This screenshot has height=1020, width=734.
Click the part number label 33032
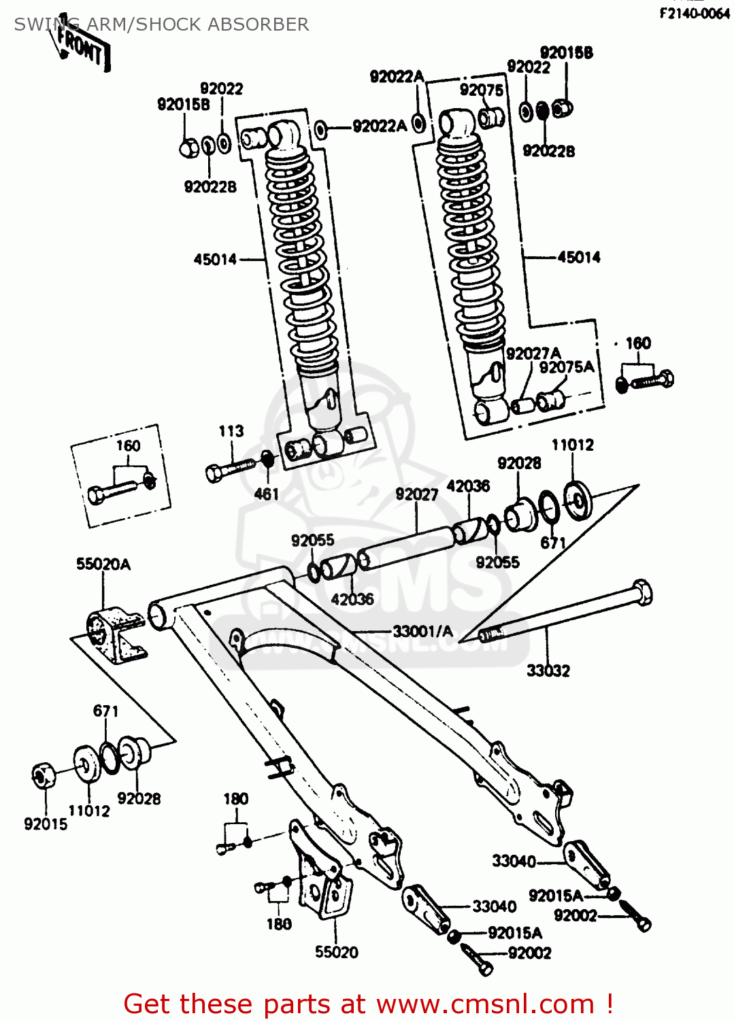click(x=548, y=671)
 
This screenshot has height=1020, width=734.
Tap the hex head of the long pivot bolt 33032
click(x=641, y=592)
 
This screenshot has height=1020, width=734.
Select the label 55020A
click(x=103, y=564)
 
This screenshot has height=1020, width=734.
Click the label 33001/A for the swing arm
click(x=422, y=632)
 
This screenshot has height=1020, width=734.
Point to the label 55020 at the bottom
click(x=337, y=953)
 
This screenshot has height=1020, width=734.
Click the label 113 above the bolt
click(x=231, y=431)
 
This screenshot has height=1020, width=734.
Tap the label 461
click(x=267, y=494)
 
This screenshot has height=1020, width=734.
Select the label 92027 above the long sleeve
click(x=417, y=494)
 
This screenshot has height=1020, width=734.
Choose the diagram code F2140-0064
click(x=695, y=14)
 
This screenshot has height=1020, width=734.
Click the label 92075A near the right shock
click(x=567, y=368)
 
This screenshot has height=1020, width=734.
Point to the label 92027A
click(x=533, y=354)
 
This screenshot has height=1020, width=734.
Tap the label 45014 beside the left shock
click(x=215, y=259)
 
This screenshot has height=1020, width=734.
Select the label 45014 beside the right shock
click(x=579, y=257)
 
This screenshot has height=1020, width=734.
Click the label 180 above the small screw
click(x=236, y=799)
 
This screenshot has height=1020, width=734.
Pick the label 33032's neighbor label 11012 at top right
click(x=572, y=445)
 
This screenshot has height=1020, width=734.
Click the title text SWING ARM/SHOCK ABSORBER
click(x=161, y=24)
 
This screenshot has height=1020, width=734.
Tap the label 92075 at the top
click(x=482, y=90)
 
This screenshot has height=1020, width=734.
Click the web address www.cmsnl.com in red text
click(x=486, y=1004)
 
